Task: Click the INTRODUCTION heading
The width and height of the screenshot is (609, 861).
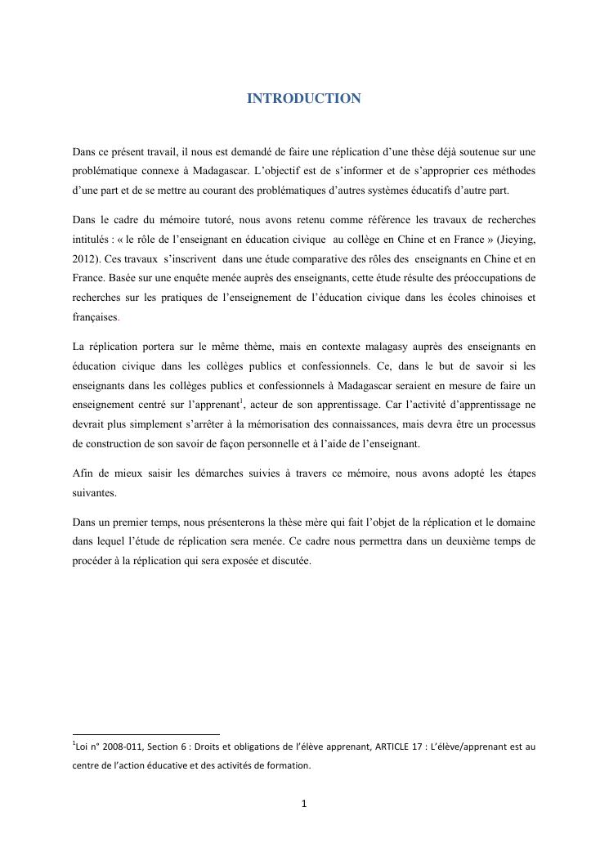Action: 303,99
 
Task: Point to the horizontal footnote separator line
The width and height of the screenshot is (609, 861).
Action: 146,734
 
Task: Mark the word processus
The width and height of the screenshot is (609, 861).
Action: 509,424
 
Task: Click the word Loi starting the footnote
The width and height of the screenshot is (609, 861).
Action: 83,749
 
